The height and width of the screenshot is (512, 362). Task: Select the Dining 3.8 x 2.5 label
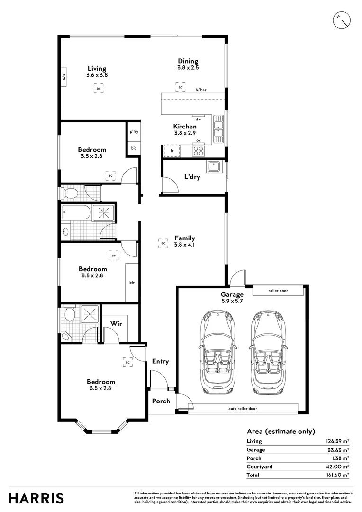[x=188, y=64]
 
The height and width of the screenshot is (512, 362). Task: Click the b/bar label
[x=201, y=90]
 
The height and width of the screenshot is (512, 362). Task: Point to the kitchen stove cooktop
[x=199, y=151]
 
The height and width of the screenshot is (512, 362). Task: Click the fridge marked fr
[x=172, y=151]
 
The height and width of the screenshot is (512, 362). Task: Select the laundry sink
[x=214, y=166]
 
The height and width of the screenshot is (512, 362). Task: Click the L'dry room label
[x=192, y=177]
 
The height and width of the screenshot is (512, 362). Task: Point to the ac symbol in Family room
[x=163, y=243]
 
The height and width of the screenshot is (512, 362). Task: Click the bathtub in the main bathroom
[x=76, y=213]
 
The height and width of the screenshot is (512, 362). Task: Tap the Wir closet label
[x=117, y=323]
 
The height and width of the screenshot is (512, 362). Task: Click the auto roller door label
[x=243, y=408]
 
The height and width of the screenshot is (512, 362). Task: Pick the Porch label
[x=161, y=401]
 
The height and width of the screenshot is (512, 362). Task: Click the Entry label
[x=160, y=362]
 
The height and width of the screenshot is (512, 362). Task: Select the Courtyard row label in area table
[x=259, y=466]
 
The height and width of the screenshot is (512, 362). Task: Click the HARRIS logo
[x=36, y=498]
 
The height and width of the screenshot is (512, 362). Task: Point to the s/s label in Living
[x=63, y=77]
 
